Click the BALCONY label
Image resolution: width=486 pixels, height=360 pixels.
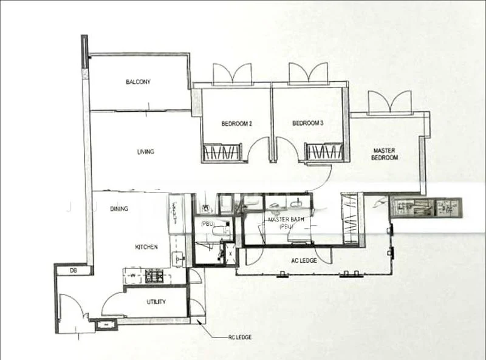tap(138, 82)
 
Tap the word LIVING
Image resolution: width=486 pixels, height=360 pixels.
tap(146, 152)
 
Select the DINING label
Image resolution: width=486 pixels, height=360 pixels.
tap(119, 209)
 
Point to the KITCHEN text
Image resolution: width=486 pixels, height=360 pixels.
tap(146, 247)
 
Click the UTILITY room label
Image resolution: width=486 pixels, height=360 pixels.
tap(156, 302)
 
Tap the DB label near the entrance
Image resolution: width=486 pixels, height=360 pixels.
tap(72, 270)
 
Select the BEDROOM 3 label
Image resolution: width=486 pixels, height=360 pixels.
tap(307, 123)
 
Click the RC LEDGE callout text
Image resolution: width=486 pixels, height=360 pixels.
tap(237, 338)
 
